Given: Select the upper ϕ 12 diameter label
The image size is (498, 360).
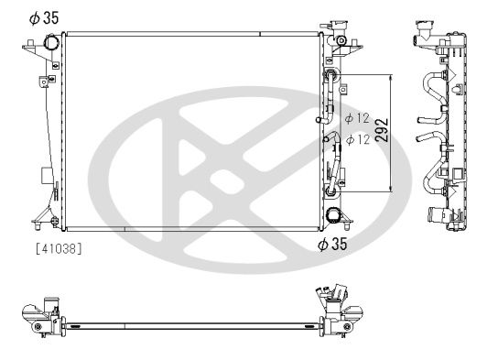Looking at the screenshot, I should pos(356,119).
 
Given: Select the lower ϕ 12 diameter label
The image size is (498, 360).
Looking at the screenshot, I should pos(356,139).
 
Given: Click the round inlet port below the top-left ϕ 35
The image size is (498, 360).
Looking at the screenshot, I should pos(51,45).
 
